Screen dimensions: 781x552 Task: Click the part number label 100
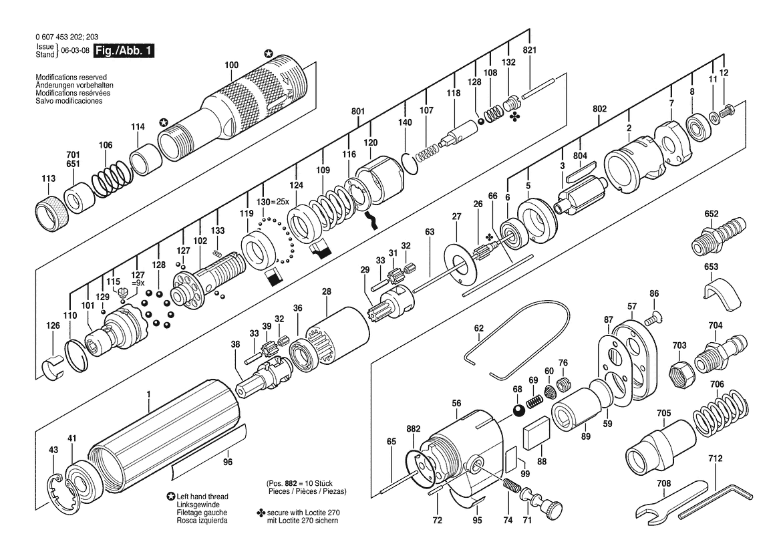pos(232,65)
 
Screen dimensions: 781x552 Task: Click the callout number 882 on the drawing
pos(413,428)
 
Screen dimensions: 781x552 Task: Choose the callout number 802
pos(600,109)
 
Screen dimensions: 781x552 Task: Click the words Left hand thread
pos(202,497)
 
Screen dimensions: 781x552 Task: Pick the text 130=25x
pos(272,202)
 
